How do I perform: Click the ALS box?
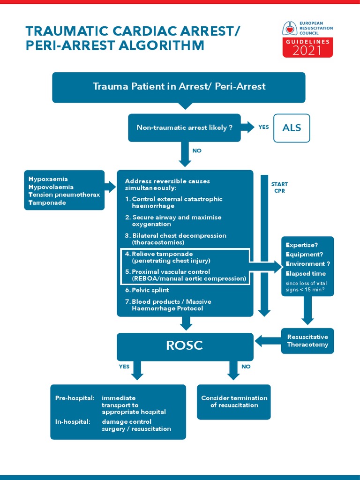point(292,128)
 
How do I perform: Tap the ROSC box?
point(184,346)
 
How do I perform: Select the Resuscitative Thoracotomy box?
point(307,341)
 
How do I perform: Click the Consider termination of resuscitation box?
point(234,402)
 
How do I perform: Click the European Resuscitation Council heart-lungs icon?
point(290,29)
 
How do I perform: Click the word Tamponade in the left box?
point(47,203)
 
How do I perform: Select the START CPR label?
point(279,187)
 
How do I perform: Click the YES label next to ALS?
point(263,127)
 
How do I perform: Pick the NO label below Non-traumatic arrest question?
point(197,150)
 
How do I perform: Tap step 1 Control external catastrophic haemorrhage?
point(173,202)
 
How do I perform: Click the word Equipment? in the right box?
point(304,255)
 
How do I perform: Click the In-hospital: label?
point(73,421)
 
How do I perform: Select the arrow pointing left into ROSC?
point(267,341)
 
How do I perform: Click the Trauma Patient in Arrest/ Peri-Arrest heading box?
point(179,87)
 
